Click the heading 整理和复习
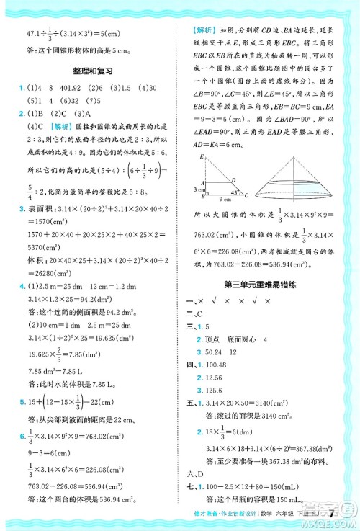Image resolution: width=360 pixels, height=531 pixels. pos(90,72)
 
